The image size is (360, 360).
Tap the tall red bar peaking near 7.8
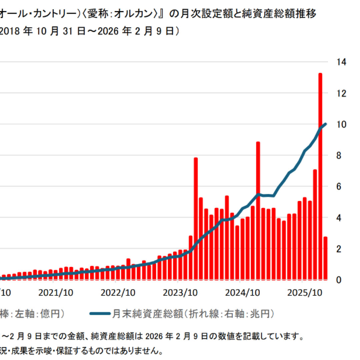(x=196, y=220)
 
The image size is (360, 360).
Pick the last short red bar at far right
(x=325, y=258)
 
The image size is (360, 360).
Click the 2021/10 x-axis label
(x=56, y=293)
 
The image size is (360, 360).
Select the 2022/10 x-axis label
(x=118, y=293)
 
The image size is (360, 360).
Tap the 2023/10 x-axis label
(x=180, y=293)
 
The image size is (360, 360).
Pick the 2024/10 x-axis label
(x=243, y=293)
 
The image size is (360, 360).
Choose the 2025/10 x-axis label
(x=305, y=293)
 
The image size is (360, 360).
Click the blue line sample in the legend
(x=100, y=314)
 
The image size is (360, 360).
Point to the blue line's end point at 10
(x=326, y=124)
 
